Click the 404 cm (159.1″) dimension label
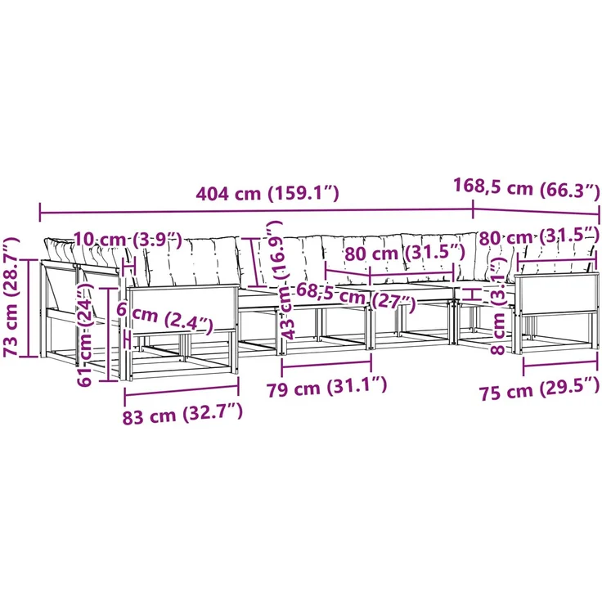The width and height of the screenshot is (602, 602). coord(267,193)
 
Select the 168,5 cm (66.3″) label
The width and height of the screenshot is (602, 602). coord(527,187)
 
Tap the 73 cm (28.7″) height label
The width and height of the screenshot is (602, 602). coord(11,297)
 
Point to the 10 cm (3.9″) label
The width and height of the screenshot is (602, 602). coord(127,240)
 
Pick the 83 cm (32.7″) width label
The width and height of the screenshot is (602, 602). coord(182,414)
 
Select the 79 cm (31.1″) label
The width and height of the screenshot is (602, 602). coord(327,387)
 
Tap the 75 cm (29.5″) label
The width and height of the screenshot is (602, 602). coord(539,389)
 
